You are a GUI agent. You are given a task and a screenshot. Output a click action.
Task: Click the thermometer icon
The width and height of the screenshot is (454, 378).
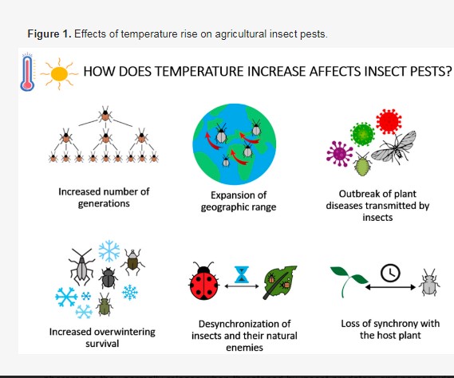click(27, 72)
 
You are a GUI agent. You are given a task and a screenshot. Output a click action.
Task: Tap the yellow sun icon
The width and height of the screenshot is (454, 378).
click(59, 74)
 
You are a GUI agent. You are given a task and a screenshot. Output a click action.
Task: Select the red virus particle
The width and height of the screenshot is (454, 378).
click(389, 121)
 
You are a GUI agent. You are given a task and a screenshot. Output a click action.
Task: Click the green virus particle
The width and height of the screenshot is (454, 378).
click(362, 134)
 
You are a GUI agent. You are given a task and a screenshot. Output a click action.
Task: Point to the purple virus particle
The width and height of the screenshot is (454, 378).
click(339, 154)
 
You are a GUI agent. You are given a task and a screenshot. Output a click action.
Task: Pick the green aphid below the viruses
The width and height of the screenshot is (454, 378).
click(362, 164)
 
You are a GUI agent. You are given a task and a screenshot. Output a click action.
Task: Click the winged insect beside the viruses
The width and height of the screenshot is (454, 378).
click(394, 148)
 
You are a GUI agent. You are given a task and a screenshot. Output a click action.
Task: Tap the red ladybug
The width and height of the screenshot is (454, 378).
click(203, 281)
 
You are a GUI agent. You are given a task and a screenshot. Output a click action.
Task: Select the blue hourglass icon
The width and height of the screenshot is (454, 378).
click(242, 274)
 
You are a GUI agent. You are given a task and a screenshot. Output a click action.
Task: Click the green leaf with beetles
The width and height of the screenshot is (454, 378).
click(280, 282)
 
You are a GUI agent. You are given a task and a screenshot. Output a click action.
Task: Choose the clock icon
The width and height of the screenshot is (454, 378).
click(390, 273)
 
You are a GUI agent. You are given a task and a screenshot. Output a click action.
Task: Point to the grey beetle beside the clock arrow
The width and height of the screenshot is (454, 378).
click(430, 283)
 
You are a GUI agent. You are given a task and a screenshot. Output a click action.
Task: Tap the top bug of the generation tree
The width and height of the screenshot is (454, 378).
click(105, 115)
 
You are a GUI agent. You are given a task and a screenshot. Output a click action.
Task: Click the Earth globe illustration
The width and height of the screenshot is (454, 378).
click(235, 144)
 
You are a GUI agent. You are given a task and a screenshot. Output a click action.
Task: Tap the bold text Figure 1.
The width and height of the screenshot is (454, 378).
click(49, 34)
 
